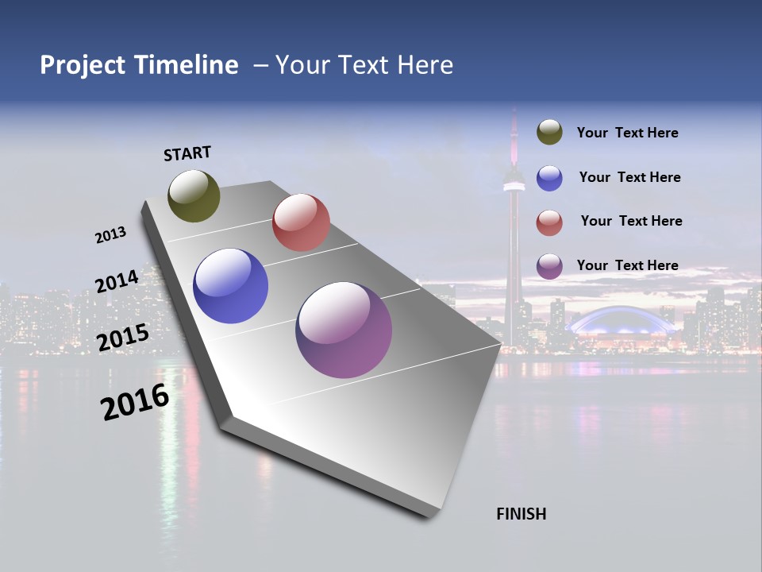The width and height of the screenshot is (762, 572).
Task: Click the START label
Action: (x=187, y=153)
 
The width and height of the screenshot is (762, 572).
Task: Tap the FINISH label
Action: (x=521, y=514)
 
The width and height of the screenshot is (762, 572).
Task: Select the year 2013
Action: (x=111, y=235)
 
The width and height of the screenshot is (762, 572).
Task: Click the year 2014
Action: (x=117, y=281)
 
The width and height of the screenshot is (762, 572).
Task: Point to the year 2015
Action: (x=122, y=338)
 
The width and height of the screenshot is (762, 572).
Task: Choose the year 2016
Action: (x=135, y=402)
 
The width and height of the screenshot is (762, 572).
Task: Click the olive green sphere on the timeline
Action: (x=194, y=195)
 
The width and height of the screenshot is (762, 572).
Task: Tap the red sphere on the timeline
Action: (x=301, y=222)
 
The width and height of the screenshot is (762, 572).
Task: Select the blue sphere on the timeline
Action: (x=230, y=286)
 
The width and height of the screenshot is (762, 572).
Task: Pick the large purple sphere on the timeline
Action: (x=344, y=330)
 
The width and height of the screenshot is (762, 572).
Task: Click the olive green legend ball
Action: (x=549, y=133)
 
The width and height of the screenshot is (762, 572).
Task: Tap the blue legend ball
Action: (x=549, y=178)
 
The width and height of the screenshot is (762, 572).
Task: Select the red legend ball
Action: (x=549, y=222)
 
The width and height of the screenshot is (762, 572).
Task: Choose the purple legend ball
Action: (x=549, y=266)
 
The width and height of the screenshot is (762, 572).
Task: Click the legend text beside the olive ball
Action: (x=627, y=133)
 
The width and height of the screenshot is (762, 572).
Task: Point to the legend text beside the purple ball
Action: (x=627, y=265)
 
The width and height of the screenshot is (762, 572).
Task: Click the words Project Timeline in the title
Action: (x=139, y=65)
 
